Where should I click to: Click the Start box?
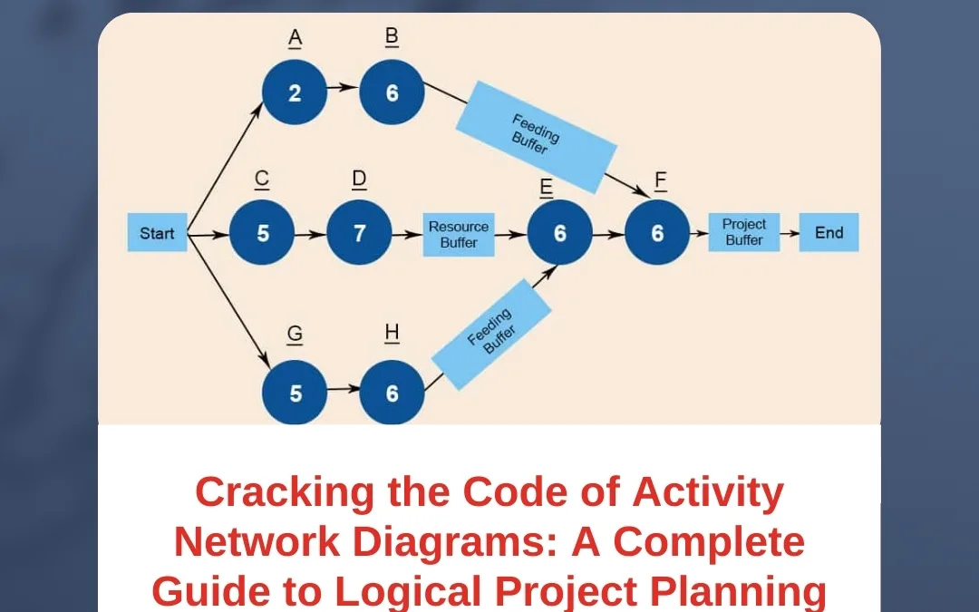157,233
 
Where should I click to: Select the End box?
829,233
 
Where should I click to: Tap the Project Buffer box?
743,232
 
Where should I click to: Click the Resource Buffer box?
458,234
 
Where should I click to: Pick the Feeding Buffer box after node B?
535,136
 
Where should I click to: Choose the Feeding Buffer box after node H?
491,335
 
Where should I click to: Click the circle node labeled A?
295,93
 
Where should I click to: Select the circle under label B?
392,93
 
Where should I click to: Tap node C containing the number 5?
262,233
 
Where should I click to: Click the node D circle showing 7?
359,233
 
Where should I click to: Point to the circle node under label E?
559,233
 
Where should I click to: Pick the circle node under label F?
657,233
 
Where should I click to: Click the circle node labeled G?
295,393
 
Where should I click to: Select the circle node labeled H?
392,393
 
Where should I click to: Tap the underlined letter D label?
359,180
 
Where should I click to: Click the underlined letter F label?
661,180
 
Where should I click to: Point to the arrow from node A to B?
343,89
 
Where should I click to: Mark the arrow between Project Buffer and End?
790,233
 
